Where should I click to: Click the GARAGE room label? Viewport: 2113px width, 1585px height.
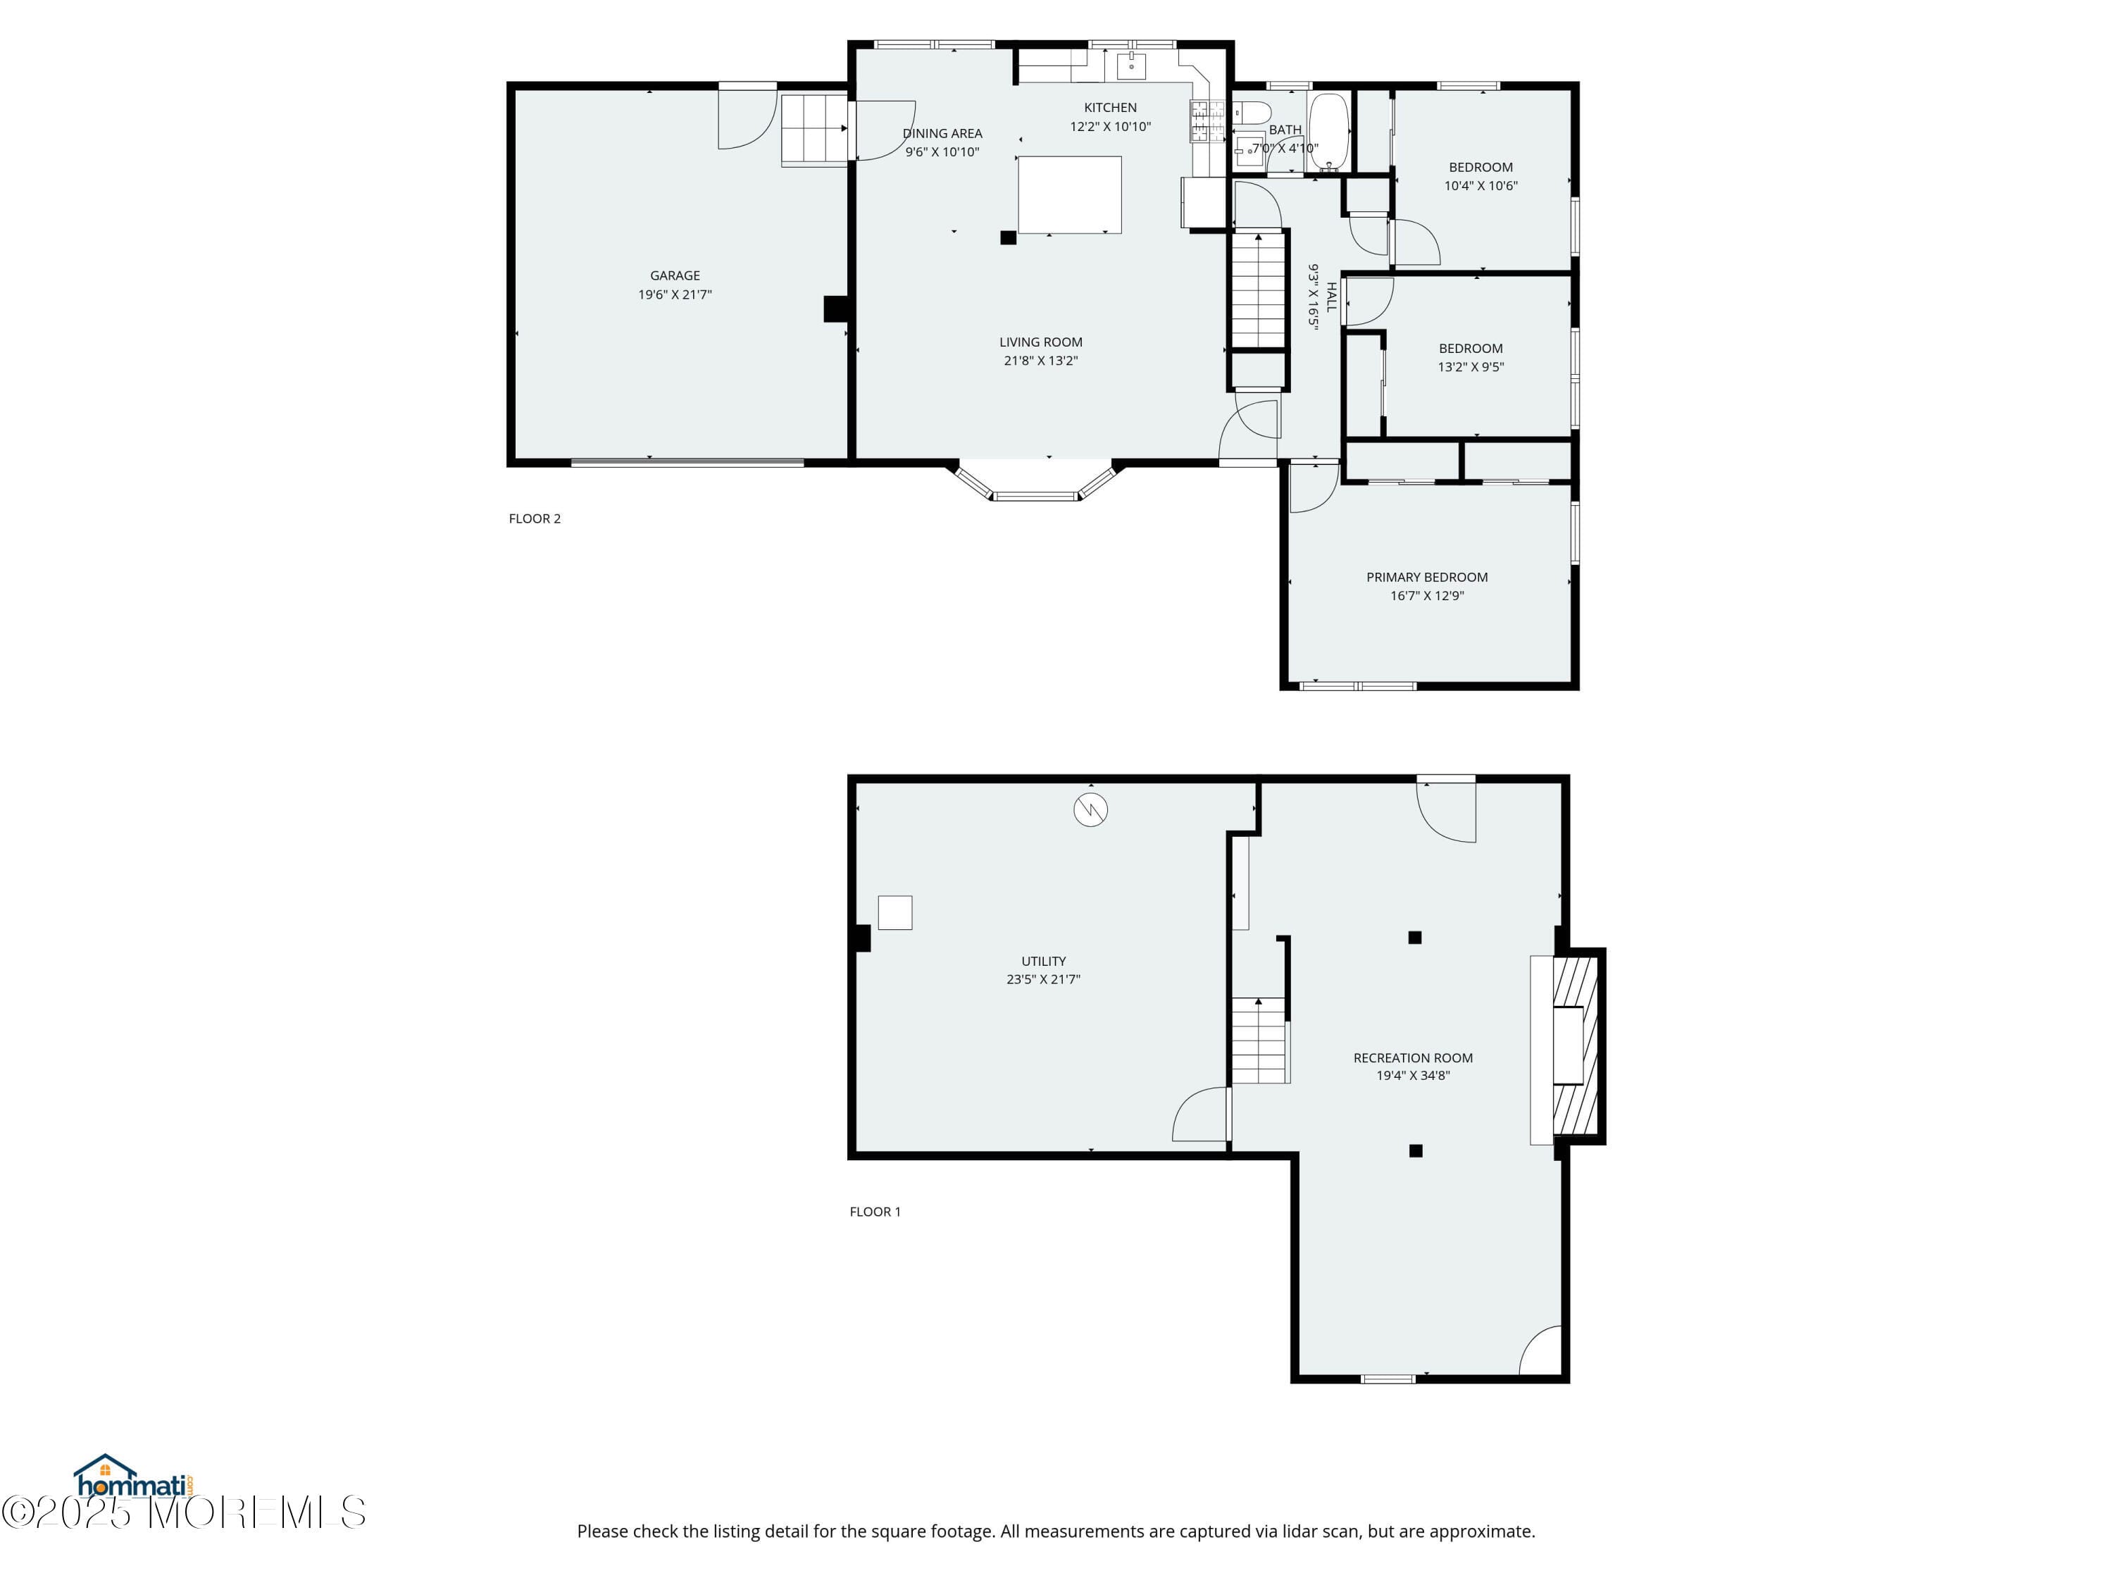[x=675, y=275]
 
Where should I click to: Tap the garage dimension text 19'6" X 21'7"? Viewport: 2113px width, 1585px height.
[x=675, y=294]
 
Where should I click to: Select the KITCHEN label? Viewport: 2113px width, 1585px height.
[x=1110, y=108]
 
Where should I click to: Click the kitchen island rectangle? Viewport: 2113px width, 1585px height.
[x=1069, y=195]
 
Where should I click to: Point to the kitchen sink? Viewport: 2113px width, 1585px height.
[x=1131, y=66]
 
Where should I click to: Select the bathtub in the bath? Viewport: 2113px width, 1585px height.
[x=1328, y=131]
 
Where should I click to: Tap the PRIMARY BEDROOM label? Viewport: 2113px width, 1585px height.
[x=1426, y=577]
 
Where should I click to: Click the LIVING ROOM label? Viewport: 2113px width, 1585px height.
[x=1040, y=342]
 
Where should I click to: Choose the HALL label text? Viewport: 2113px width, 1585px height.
[x=1330, y=297]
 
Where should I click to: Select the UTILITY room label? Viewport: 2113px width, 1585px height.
[x=1043, y=961]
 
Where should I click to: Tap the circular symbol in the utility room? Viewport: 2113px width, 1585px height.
[x=1090, y=810]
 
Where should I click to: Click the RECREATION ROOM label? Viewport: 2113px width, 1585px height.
[x=1413, y=1057]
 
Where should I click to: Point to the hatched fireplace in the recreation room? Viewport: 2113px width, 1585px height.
[x=1576, y=1046]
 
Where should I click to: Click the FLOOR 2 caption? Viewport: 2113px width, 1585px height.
[x=534, y=518]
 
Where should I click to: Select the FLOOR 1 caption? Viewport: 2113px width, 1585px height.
[x=875, y=1212]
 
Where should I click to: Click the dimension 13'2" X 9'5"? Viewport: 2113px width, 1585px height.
[x=1470, y=367]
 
